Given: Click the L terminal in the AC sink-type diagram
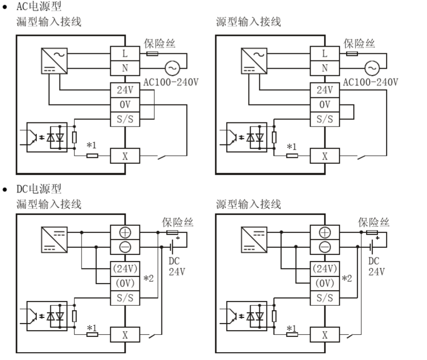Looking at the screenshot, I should (125, 53).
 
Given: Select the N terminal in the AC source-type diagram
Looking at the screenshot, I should (324, 68).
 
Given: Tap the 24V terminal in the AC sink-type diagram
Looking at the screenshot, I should (125, 91).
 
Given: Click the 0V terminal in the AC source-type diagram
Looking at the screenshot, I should (324, 105).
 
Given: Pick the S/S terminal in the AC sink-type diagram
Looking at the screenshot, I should (125, 119).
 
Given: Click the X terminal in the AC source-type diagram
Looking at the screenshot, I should (324, 156).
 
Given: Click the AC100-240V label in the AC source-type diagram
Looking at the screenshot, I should (370, 82).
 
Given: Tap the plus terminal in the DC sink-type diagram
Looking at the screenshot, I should (125, 232).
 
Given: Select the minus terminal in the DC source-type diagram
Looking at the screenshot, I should (324, 247).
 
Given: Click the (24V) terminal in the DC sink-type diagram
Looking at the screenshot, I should (125, 268).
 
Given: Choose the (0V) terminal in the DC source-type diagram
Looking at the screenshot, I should (324, 283).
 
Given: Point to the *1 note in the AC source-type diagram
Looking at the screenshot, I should (291, 147).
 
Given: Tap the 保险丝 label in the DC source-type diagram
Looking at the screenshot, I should (373, 222).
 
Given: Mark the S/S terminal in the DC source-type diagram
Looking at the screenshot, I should (324, 298).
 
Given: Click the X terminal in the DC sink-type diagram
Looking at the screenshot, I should (125, 335).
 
